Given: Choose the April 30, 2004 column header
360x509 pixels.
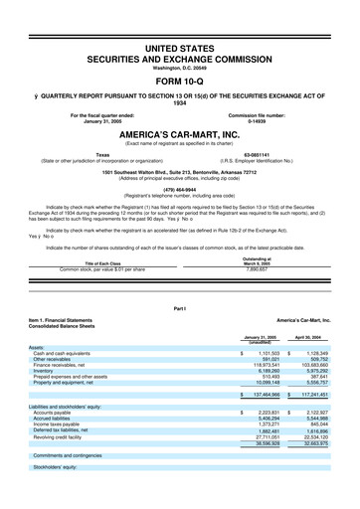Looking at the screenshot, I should pos(317,338).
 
